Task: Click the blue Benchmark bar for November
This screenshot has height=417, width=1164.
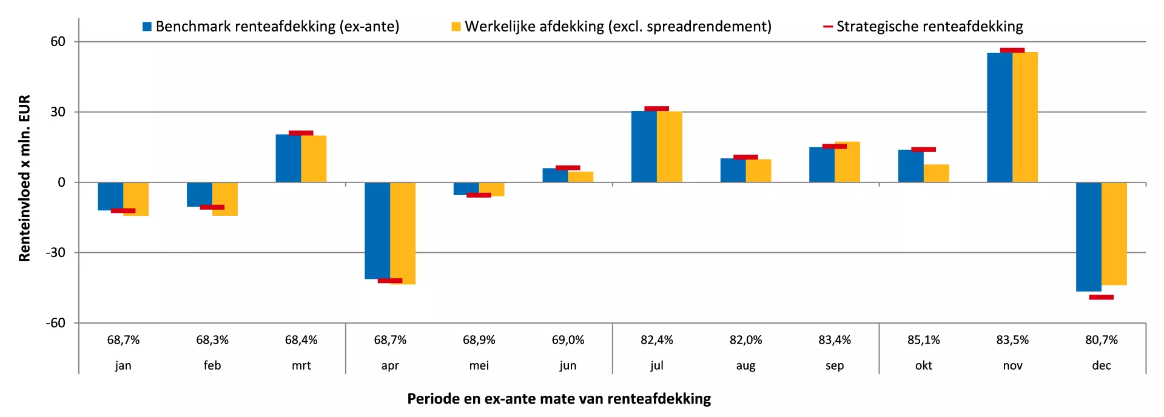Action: point(999,118)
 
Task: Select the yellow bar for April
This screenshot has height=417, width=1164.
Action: point(403,233)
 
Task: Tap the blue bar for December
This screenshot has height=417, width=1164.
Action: point(1088,236)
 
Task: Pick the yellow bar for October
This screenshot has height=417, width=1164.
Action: point(937,173)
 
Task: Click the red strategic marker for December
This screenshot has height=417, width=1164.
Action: point(1101,298)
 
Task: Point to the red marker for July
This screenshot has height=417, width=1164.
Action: point(656,109)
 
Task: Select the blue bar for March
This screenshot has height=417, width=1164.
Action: point(288,158)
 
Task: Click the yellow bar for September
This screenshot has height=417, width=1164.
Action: point(847,162)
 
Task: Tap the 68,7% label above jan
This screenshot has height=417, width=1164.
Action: point(123,340)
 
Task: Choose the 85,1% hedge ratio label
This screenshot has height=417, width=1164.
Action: point(923,340)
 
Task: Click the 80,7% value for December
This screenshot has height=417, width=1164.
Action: point(1101,340)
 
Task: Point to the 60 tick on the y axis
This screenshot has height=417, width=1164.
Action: point(58,42)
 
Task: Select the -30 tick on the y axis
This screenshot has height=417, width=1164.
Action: point(55,253)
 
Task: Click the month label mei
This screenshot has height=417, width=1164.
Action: point(479,365)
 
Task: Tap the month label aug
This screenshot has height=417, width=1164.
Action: point(745,365)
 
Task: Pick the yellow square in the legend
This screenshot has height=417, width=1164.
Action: point(456,27)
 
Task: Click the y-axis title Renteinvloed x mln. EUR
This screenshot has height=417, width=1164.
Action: point(24,178)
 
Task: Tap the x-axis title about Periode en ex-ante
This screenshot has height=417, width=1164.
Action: point(559,399)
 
